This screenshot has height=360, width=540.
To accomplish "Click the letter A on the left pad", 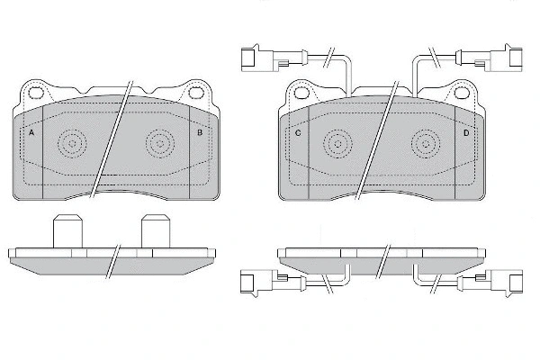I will tap(32, 133).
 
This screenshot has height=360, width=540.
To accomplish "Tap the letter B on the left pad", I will tap(200, 133).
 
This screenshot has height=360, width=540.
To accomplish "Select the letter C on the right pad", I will tap(298, 133).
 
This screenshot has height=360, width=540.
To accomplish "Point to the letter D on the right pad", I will tap(465, 133).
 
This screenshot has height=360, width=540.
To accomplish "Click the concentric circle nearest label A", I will tap(72, 141).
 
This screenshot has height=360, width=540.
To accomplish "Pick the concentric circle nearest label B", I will tap(160, 141).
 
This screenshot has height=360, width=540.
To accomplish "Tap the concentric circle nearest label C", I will tap(337, 141).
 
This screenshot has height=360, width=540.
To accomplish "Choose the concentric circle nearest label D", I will tap(426, 141).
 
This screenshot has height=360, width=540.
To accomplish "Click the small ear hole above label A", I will tap(37, 92).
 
